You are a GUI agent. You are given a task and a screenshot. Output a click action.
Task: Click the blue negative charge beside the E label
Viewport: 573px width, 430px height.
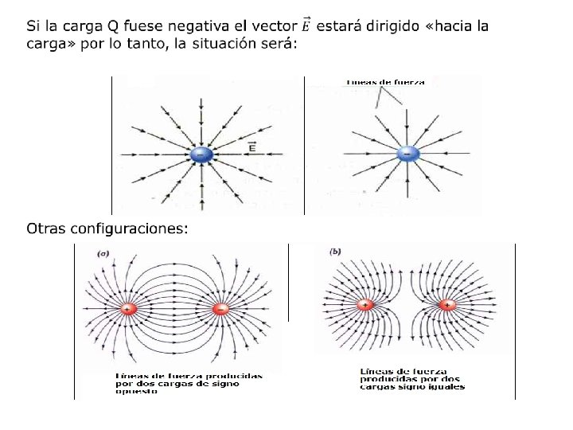200,154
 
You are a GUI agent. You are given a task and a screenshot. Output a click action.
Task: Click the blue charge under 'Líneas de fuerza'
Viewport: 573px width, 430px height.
407,153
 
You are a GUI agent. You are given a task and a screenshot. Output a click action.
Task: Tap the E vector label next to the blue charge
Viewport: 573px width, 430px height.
252,147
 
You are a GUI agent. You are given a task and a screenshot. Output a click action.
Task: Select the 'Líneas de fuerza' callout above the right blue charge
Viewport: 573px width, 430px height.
385,81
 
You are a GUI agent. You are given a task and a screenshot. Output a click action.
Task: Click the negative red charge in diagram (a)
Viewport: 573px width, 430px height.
221,308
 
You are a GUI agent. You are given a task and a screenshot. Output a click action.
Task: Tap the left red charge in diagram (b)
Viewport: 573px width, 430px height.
364,305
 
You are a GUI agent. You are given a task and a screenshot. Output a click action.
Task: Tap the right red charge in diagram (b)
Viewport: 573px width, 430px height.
447,305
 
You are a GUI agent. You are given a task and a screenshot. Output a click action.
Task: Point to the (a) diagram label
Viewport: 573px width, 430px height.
103,254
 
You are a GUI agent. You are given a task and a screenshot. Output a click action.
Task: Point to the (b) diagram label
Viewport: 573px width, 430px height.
335,252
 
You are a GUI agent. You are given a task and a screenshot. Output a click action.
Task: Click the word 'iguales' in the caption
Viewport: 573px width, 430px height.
447,386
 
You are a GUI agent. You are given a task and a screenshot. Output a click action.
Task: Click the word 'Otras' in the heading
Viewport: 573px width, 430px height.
45,229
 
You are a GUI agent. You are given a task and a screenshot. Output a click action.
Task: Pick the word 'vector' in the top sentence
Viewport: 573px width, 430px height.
275,26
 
